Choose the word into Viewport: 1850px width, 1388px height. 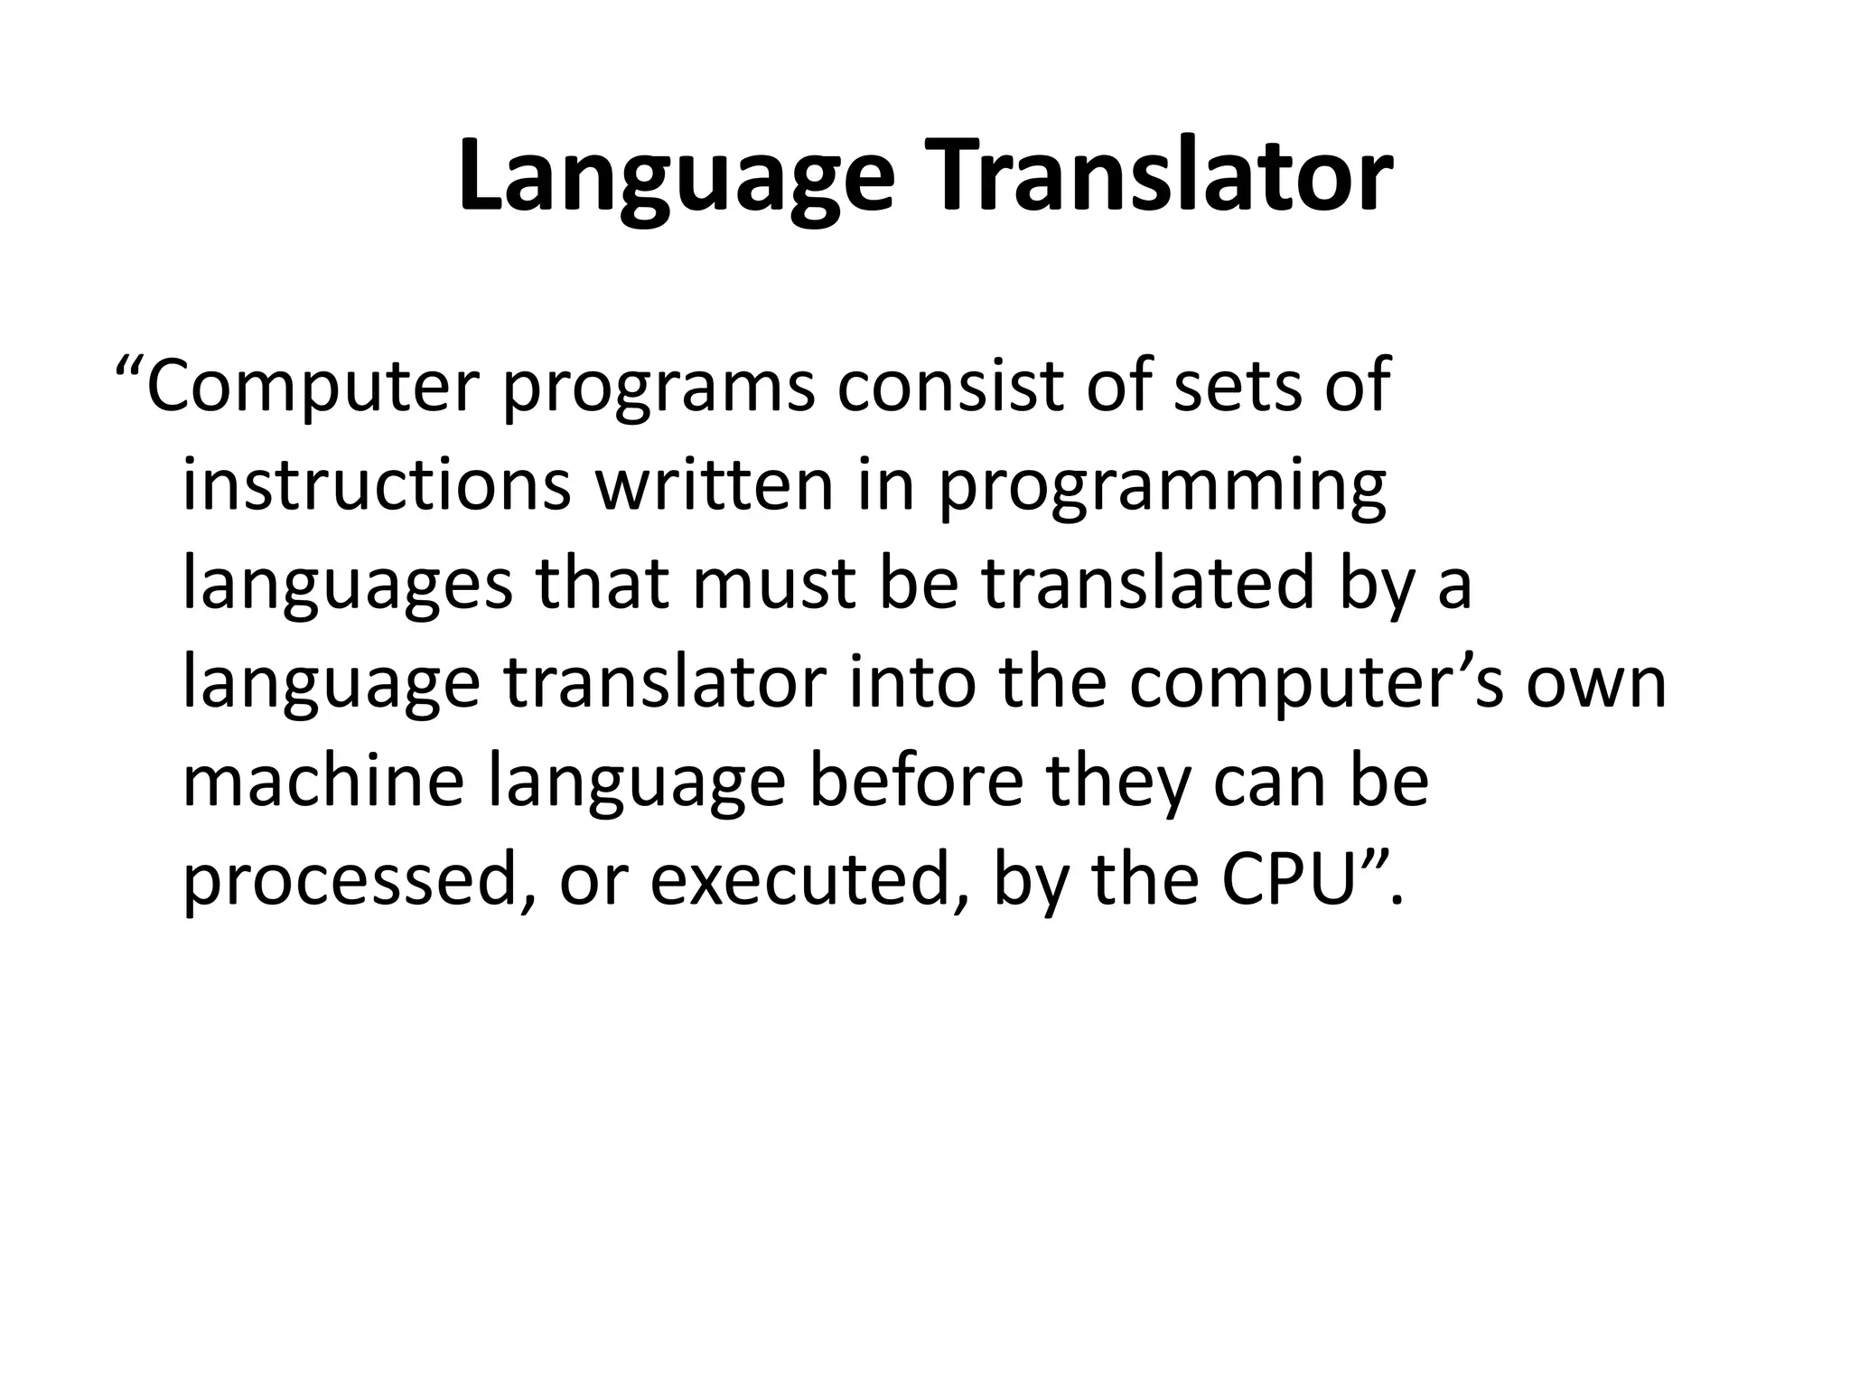(x=912, y=682)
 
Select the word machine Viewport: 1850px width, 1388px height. (x=324, y=782)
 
